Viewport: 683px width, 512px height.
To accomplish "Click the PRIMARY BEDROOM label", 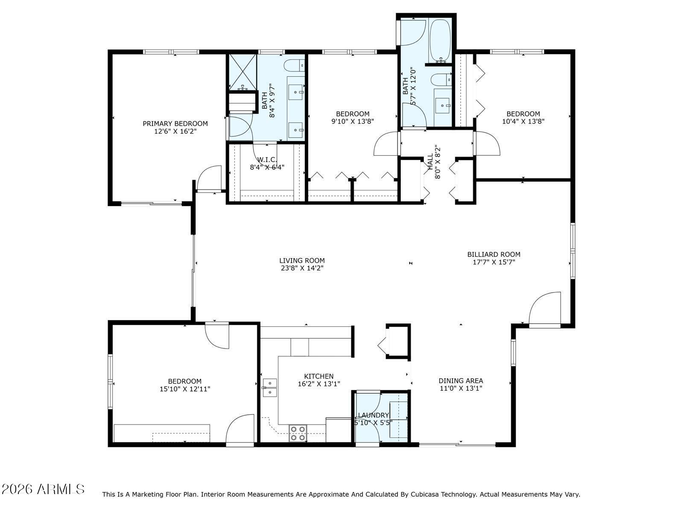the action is coord(175,124).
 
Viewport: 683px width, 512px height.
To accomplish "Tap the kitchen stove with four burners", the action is coord(298,433).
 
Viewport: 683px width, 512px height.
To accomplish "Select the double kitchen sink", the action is coord(270,388).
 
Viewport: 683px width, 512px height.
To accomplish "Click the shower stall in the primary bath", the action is coord(243,72).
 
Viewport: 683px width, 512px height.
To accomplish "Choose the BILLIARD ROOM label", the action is coord(494,255).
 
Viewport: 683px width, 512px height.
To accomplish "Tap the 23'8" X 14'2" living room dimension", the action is coord(302,268).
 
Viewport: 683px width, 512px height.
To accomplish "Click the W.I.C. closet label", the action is coord(267,160).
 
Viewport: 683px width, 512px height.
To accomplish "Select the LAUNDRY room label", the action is coord(374,415).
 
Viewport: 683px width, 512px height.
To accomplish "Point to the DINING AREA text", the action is coord(461,381).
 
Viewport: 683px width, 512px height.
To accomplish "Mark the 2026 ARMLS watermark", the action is coord(43,489).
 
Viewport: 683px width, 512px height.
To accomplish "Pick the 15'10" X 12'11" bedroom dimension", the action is coord(185,389).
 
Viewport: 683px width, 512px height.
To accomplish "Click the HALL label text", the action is coord(430,162).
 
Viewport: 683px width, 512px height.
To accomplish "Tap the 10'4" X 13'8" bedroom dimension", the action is coord(523,122).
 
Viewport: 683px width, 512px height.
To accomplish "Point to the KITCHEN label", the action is coord(319,376).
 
